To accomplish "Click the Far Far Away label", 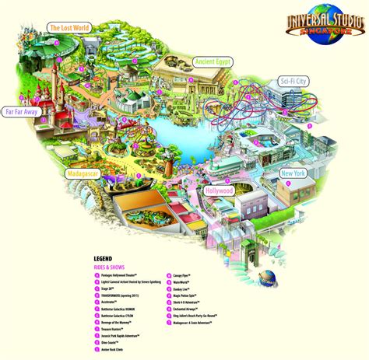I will click(25, 112).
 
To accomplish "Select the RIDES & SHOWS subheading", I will click(110, 267).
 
